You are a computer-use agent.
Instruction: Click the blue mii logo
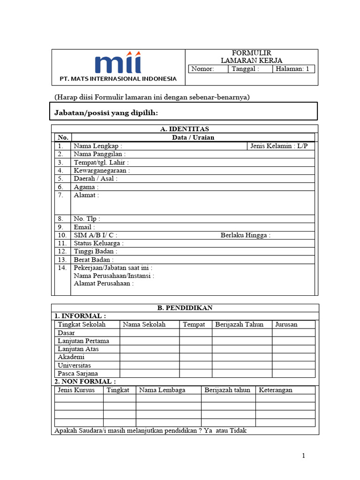point(118,64)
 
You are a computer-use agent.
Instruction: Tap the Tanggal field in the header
point(250,69)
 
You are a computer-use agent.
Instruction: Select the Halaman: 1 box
point(293,69)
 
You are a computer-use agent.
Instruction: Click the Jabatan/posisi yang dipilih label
point(106,113)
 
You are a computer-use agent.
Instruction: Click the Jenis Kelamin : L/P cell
point(279,146)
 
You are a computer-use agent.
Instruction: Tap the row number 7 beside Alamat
point(61,195)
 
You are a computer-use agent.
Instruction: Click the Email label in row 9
point(84,227)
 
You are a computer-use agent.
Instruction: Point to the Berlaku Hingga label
point(245,235)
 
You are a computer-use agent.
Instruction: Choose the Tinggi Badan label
point(95,251)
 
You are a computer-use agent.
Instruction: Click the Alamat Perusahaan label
point(104,283)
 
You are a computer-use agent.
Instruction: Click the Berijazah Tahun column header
point(240,324)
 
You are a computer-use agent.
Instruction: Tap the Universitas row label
point(74,365)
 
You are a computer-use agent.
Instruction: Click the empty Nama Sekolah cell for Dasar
point(149,333)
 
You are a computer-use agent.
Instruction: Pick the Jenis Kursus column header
point(76,390)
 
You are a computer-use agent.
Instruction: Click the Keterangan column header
point(276,390)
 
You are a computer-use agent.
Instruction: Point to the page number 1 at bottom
point(304,456)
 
